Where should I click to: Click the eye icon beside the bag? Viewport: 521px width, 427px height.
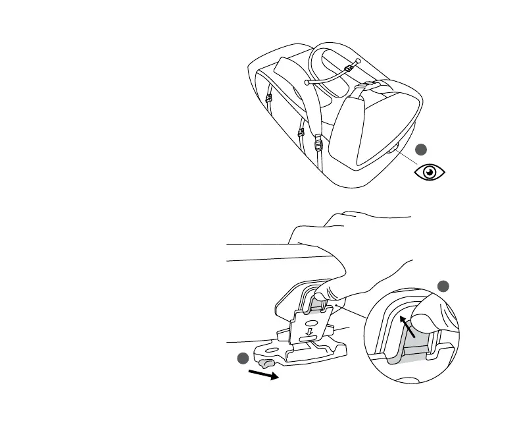point(430,172)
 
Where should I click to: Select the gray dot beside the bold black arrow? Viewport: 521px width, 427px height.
point(243,358)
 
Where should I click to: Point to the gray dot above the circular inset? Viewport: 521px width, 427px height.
point(443,285)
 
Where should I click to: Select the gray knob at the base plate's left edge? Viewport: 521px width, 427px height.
point(266,362)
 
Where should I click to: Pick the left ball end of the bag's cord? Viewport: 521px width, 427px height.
point(307,82)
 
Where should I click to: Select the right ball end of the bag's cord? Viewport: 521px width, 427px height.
point(357,61)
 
